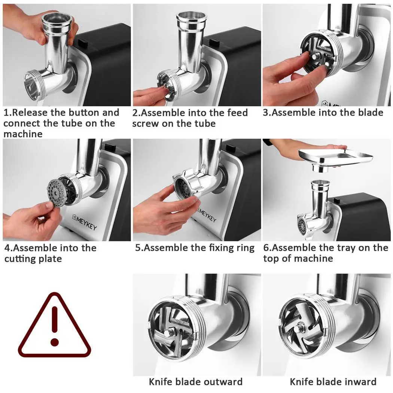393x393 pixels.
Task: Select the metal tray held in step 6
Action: (337, 156)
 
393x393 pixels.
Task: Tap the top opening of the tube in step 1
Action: (57, 18)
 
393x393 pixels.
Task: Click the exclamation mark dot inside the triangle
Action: (55, 342)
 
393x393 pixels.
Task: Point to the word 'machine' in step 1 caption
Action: (23, 134)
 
